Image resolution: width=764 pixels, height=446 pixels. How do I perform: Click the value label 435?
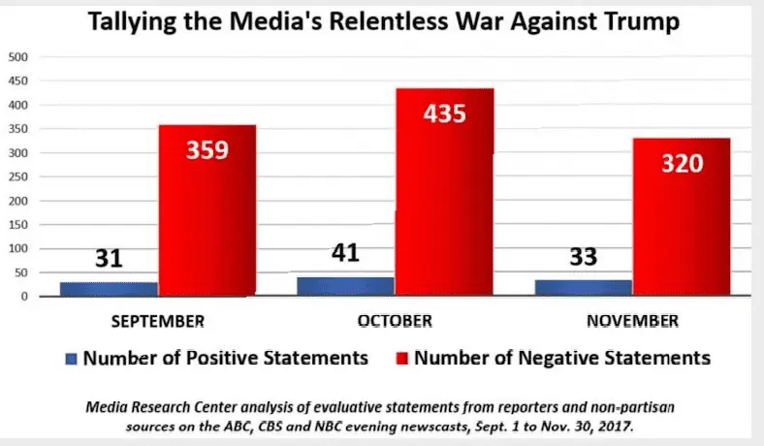[x=445, y=113]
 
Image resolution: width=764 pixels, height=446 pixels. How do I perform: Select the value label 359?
[x=207, y=150]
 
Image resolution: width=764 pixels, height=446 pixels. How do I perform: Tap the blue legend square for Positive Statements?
[x=71, y=358]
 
